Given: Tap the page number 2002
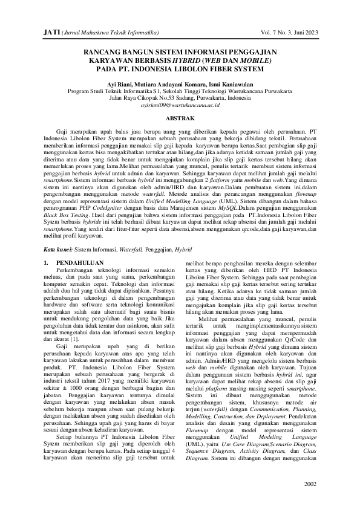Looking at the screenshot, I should (x=309, y=484).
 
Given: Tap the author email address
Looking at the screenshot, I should (x=180, y=105).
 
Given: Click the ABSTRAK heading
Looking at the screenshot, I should (x=180, y=118).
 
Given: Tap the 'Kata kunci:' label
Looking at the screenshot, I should (x=59, y=248).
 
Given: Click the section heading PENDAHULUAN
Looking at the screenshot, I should (x=76, y=264).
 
